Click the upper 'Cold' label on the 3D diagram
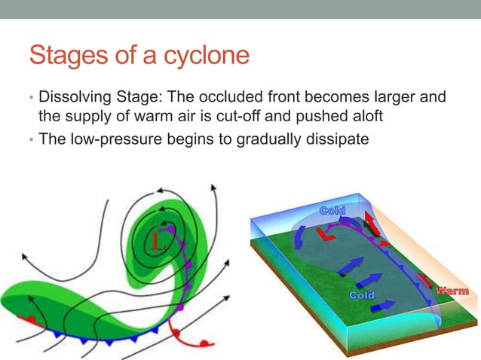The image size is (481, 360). click(x=332, y=210)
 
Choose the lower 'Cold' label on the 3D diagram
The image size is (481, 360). click(x=360, y=294)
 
